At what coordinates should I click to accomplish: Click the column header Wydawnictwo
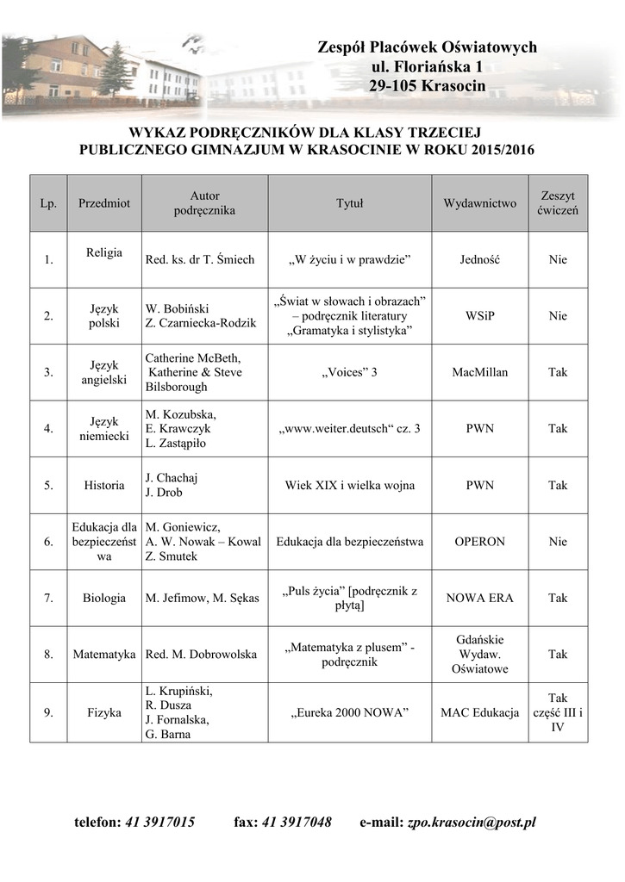coord(480,203)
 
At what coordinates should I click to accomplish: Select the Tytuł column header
coord(349,203)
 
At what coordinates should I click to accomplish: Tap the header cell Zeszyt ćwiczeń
coord(558,203)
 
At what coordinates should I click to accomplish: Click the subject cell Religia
coord(104,252)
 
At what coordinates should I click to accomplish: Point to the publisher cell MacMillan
coord(480,372)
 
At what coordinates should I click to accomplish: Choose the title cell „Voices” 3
coord(349,372)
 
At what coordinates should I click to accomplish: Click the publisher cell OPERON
coord(480,542)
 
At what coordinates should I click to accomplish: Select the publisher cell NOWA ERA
coord(480,598)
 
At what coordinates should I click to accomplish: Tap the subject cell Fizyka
coord(104,712)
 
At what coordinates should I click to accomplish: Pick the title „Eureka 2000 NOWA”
coord(349,712)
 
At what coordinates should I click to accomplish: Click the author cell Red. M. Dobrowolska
coord(201,655)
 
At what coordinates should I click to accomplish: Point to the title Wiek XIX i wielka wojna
coord(349,485)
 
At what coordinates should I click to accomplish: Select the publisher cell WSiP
coord(480,316)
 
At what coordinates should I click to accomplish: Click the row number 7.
coord(48,598)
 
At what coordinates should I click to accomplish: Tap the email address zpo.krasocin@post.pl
coord(472,823)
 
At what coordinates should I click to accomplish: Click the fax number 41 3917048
coord(295,823)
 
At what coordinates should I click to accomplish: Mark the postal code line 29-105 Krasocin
coord(428,85)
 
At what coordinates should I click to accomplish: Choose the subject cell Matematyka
coord(104,655)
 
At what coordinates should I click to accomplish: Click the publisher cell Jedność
coord(480,259)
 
